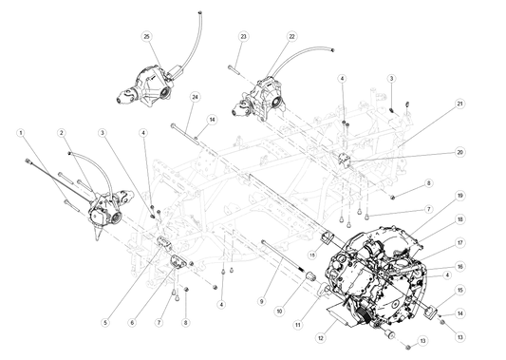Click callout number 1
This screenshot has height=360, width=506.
(x=20, y=132)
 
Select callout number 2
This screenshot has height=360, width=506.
(x=61, y=132)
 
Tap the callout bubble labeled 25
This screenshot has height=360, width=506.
(x=146, y=36)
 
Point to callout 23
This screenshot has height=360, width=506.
(x=243, y=36)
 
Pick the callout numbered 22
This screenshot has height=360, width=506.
(x=291, y=36)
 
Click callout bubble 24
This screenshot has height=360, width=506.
(x=195, y=96)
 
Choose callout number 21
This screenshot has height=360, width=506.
(x=459, y=103)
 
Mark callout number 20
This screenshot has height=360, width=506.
(x=459, y=152)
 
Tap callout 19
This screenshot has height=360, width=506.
(x=459, y=195)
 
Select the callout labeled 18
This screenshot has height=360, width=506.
(x=459, y=218)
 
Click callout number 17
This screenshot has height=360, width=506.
(x=459, y=241)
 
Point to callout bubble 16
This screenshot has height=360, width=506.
(x=459, y=266)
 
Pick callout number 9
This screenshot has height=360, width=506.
(x=261, y=301)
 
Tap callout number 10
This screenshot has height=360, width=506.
(x=279, y=311)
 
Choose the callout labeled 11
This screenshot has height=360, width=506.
(x=297, y=324)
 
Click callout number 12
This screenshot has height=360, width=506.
(x=320, y=336)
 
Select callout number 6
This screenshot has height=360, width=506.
(x=132, y=322)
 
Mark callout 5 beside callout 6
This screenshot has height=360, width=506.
(x=104, y=322)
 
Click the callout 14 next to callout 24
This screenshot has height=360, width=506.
(x=211, y=119)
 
